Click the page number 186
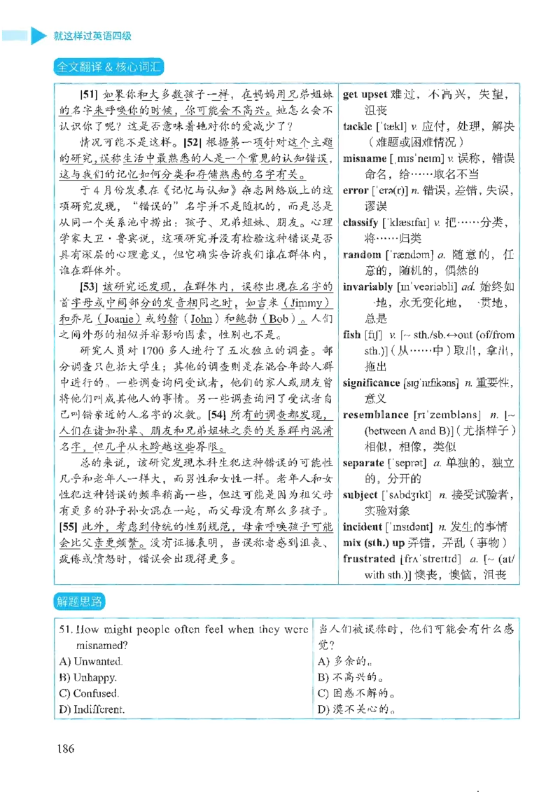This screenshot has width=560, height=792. point(66,748)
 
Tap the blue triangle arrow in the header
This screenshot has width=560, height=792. point(38,35)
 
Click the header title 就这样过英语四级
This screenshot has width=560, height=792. point(92,36)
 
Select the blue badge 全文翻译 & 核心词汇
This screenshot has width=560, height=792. point(108,67)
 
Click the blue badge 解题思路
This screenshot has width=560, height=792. point(79,601)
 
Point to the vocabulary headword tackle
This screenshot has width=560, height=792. point(358,126)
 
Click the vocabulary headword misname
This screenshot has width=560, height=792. point(365,158)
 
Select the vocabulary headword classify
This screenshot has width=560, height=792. point(360,223)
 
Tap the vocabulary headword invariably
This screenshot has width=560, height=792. point(367,287)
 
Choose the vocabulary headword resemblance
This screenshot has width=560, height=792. point(375,415)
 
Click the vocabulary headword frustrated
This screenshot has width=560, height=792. point(369,559)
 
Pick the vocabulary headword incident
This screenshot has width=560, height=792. point(363,527)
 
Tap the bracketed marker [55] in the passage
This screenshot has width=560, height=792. point(68,527)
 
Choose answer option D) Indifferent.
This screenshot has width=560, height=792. point(92,709)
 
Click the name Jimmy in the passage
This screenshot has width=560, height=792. point(305,303)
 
